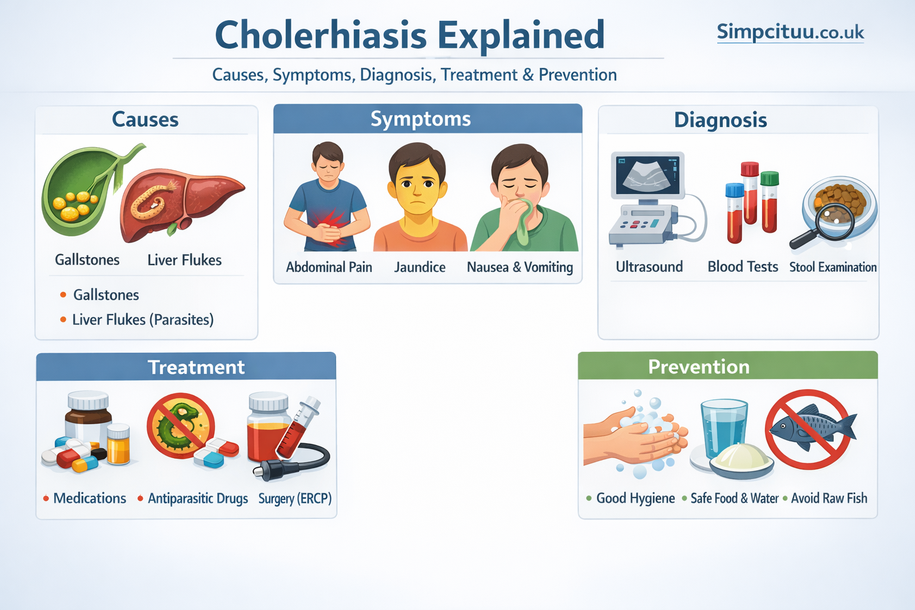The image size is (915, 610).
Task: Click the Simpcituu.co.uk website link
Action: (790, 32)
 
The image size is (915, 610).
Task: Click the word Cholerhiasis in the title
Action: (320, 35)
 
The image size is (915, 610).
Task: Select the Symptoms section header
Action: (421, 119)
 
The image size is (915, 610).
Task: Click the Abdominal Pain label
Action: (329, 267)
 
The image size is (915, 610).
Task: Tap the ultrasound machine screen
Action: (647, 175)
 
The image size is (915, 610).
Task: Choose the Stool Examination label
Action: (833, 267)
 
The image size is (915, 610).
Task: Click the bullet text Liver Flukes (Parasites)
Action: (142, 320)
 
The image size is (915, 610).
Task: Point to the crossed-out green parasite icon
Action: (180, 425)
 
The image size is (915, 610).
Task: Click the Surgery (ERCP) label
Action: (295, 498)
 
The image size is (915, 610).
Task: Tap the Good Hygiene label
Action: (635, 498)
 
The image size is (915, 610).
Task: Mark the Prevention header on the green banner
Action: (699, 366)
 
